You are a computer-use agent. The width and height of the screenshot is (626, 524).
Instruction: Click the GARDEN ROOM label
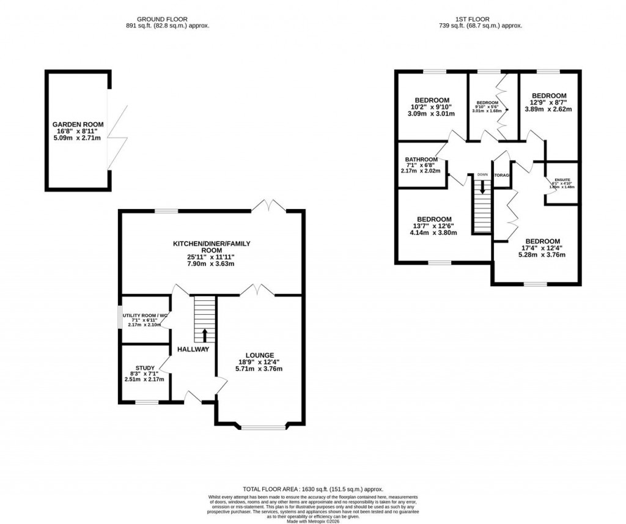[x=78, y=124]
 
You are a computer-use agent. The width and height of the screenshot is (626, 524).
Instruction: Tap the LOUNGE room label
[x=260, y=355]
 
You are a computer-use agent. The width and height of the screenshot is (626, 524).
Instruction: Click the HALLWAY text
[x=193, y=349]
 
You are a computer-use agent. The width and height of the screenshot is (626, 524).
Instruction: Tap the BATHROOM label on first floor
[x=422, y=160]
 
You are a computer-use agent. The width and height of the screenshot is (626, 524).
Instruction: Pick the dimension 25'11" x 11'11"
[x=212, y=257]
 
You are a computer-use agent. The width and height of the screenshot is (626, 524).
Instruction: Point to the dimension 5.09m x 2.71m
[x=78, y=139]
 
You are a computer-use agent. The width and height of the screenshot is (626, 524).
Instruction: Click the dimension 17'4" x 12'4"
[x=542, y=248]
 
